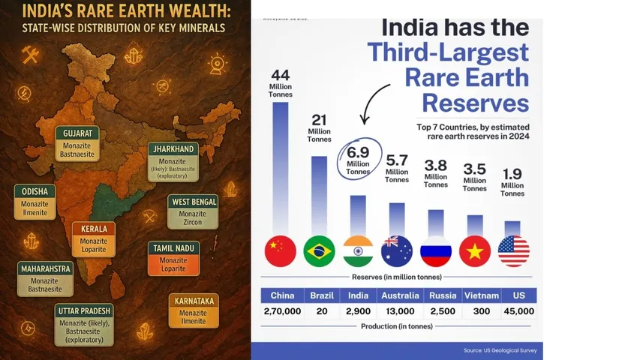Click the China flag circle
click(x=281, y=251)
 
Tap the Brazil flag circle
click(x=319, y=251)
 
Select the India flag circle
click(x=358, y=251)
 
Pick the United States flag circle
click(x=513, y=251)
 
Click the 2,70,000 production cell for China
click(x=281, y=311)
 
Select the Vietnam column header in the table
click(x=480, y=295)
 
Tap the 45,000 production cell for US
click(x=518, y=311)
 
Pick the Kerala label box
click(x=94, y=238)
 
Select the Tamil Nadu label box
click(x=173, y=258)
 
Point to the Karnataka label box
click(x=193, y=310)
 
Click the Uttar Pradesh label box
click(x=83, y=323)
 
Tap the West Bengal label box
click(x=193, y=211)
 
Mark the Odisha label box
click(x=35, y=202)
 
